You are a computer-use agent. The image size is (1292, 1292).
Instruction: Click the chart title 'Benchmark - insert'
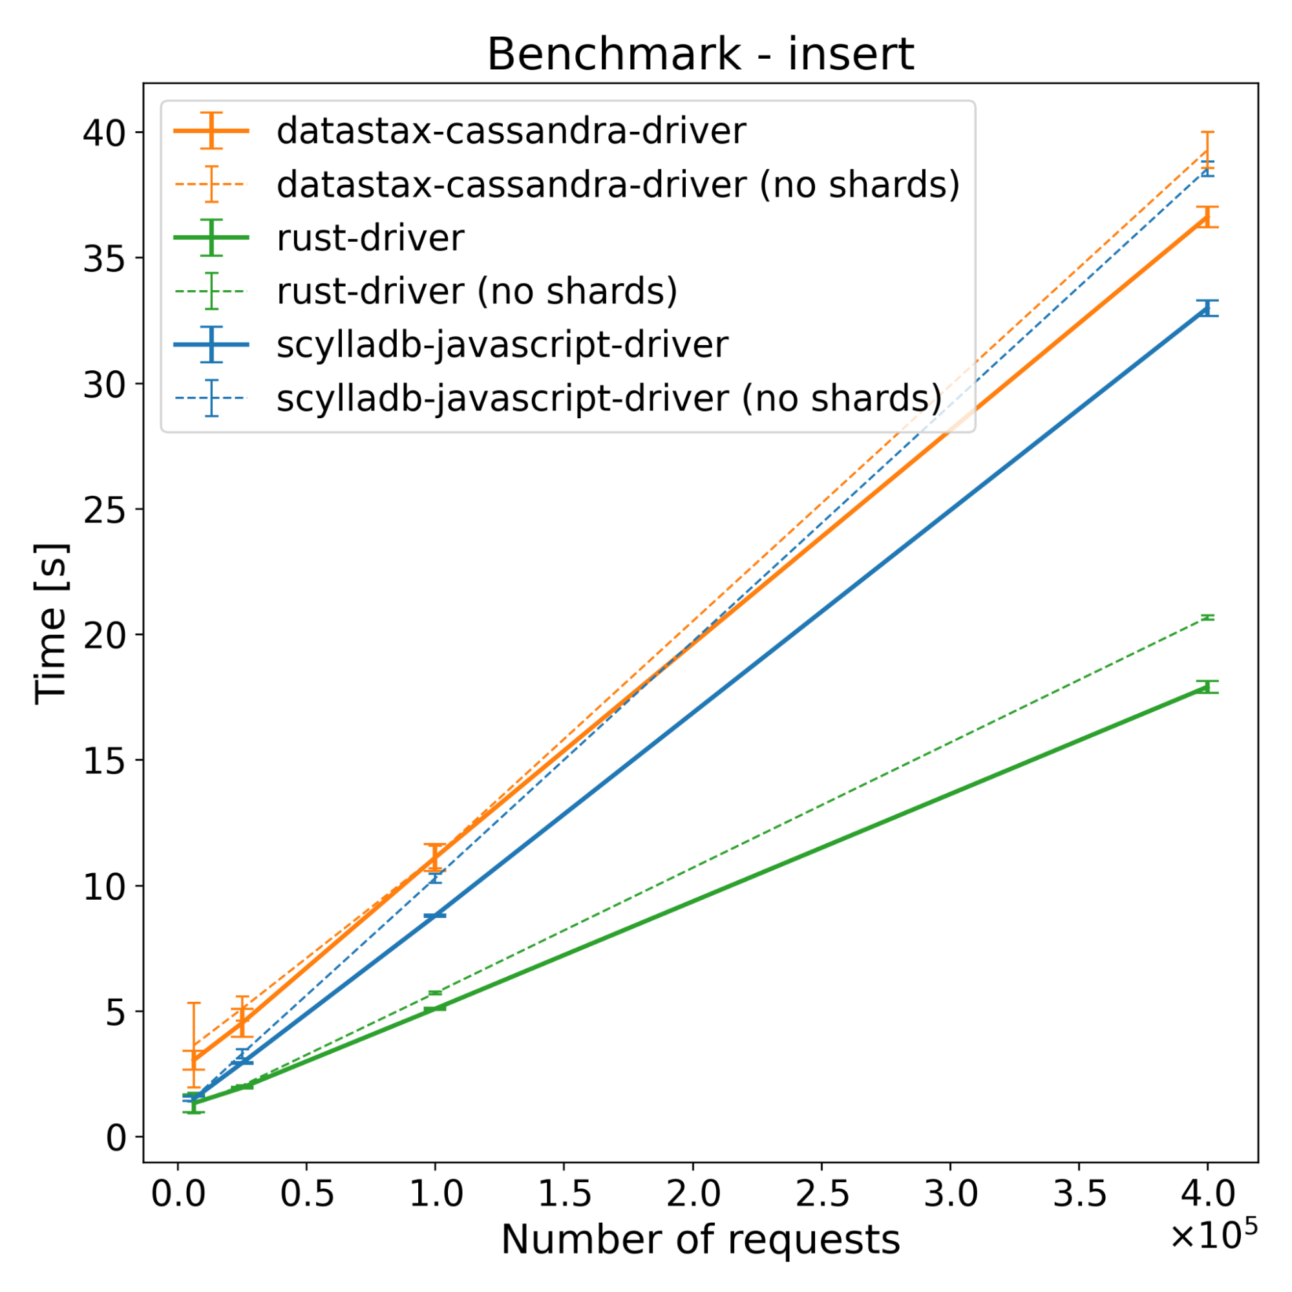click(700, 54)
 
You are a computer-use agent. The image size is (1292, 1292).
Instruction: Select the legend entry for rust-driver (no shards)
click(477, 291)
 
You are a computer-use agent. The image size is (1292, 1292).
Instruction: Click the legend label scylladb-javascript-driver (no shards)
click(609, 399)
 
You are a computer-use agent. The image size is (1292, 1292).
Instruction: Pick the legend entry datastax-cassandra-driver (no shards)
click(618, 185)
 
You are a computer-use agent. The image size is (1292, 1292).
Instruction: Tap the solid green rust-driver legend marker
click(211, 238)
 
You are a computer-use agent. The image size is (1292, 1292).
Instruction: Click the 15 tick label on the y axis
click(104, 760)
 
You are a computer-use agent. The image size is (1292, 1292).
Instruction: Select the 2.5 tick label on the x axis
click(822, 1194)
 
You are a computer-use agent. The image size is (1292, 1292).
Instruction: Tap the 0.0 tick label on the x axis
click(178, 1194)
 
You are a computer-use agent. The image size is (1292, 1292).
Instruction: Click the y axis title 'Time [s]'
click(52, 623)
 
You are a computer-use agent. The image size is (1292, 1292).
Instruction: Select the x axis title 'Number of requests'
click(700, 1239)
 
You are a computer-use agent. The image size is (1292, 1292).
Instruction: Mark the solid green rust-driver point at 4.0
click(1207, 687)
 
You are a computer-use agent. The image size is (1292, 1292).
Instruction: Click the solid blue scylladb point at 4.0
click(1207, 308)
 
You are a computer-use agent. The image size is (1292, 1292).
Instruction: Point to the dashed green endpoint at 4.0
click(1207, 617)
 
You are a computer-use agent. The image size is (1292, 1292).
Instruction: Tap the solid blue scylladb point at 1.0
click(435, 915)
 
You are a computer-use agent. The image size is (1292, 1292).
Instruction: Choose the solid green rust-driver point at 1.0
click(435, 1007)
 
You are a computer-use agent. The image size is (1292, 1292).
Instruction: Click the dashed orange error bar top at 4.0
click(1207, 132)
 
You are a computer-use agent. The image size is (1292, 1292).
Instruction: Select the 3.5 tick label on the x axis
click(1079, 1194)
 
